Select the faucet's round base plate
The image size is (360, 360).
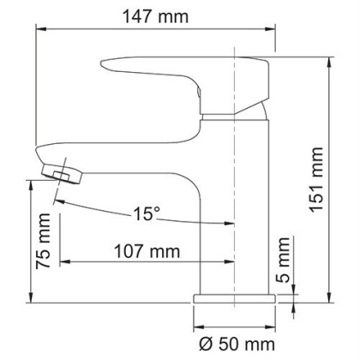[x=235, y=299]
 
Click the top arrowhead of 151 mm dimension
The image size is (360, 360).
[x=331, y=59]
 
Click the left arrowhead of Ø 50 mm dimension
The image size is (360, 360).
[x=199, y=330]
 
